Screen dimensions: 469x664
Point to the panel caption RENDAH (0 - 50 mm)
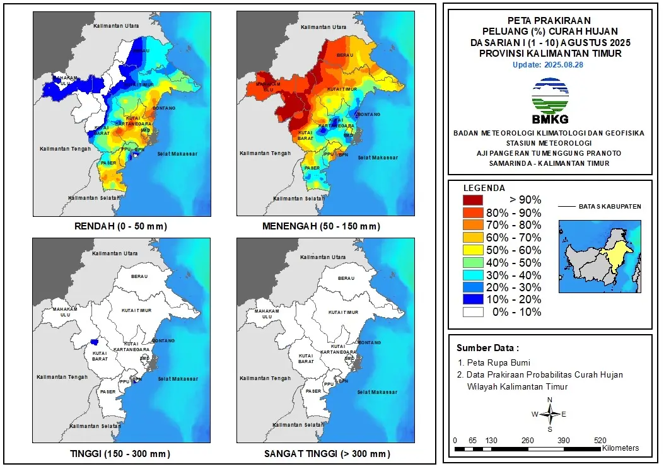pyautogui.click(x=122, y=226)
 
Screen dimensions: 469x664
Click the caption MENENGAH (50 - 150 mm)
pyautogui.click(x=326, y=226)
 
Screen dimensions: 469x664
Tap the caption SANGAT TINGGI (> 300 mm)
pyautogui.click(x=326, y=454)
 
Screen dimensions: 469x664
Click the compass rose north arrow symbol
pyautogui.click(x=550, y=414)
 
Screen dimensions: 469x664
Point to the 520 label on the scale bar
pyautogui.click(x=600, y=440)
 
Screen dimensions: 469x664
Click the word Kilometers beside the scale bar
pyautogui.click(x=620, y=448)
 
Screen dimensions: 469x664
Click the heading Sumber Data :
pyautogui.click(x=488, y=348)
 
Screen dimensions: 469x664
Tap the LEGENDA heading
pyautogui.click(x=484, y=188)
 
